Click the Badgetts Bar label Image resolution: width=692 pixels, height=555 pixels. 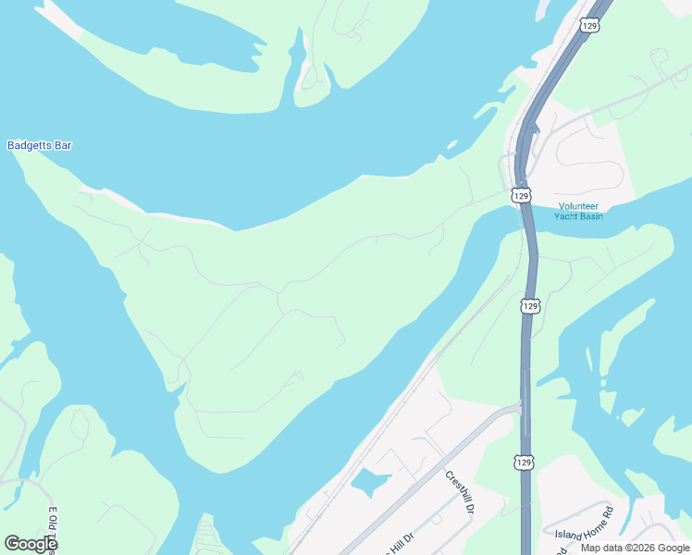click(x=39, y=145)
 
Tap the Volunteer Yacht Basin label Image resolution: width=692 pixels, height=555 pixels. click(x=578, y=211)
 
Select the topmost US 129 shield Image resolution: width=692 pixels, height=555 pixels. click(x=590, y=26)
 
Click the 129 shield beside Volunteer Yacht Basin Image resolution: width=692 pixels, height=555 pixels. click(x=521, y=195)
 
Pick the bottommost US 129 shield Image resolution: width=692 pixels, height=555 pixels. click(x=524, y=462)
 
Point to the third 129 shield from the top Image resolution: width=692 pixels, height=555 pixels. click(x=529, y=305)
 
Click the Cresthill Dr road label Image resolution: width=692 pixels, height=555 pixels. click(x=459, y=492)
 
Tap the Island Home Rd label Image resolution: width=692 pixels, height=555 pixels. click(x=584, y=523)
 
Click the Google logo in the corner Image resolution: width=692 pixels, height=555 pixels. click(x=31, y=544)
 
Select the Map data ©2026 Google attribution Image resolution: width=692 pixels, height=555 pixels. click(x=635, y=548)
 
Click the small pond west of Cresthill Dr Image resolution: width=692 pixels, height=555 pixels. click(x=368, y=482)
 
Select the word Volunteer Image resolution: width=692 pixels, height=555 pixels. click(x=578, y=206)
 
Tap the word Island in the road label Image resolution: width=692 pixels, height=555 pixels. click(x=565, y=532)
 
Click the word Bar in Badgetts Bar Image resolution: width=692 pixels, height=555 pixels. click(x=63, y=145)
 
